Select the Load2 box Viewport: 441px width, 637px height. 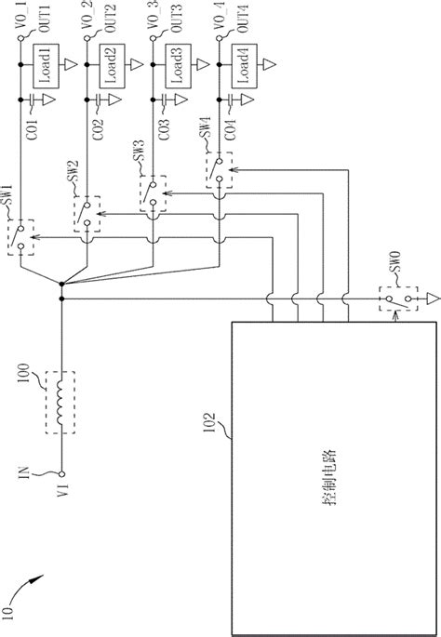coord(112,68)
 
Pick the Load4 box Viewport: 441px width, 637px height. coord(244,68)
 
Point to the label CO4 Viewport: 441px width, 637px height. coord(228,128)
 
